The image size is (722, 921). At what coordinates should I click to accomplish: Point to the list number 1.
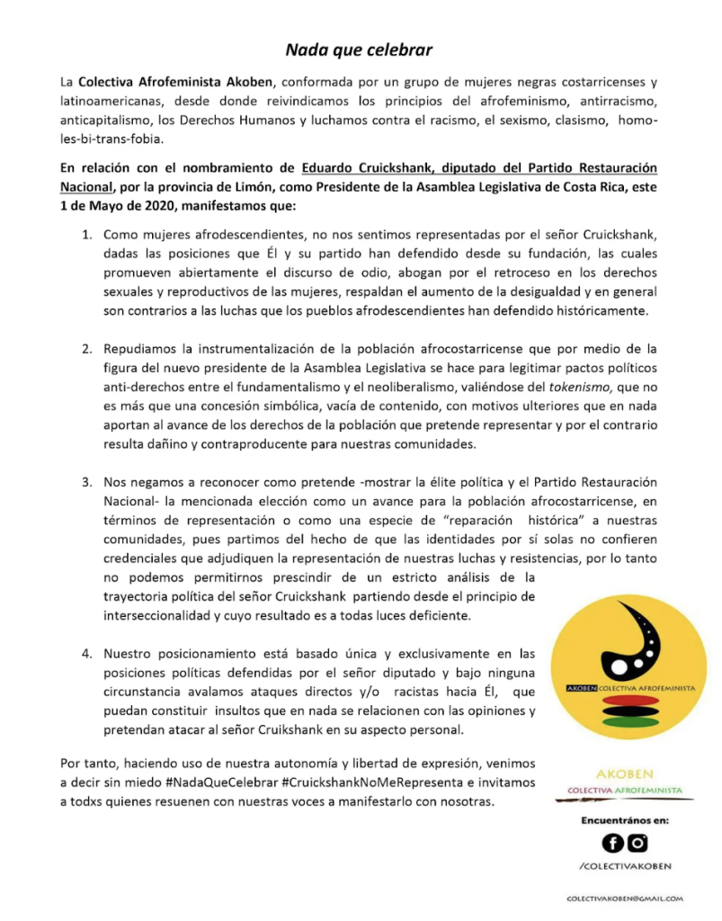pyautogui.click(x=87, y=235)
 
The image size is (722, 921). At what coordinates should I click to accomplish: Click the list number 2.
pyautogui.click(x=87, y=348)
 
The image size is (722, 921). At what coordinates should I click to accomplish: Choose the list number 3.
pyautogui.click(x=87, y=481)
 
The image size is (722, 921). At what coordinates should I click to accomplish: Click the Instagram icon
pyautogui.click(x=638, y=843)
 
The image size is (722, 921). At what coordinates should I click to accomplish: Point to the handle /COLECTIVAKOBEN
pyautogui.click(x=625, y=866)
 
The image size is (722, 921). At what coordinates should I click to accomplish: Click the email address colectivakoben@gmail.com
pyautogui.click(x=625, y=899)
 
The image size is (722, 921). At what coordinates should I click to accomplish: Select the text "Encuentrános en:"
pyautogui.click(x=625, y=820)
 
